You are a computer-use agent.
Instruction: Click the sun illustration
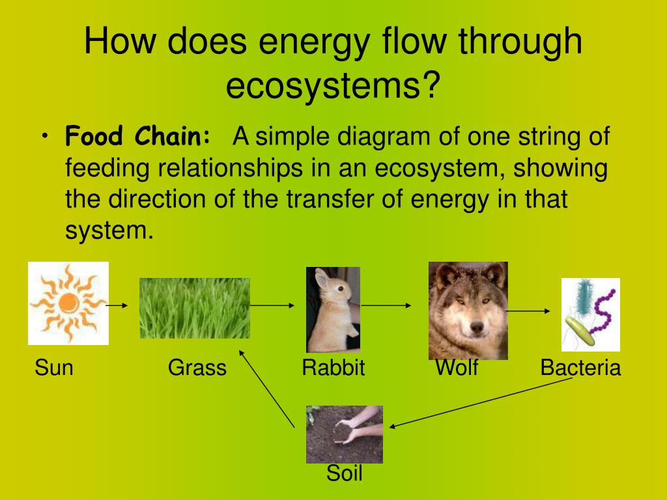pyautogui.click(x=68, y=303)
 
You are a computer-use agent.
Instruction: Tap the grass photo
pyautogui.click(x=195, y=308)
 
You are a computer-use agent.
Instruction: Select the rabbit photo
pyautogui.click(x=333, y=309)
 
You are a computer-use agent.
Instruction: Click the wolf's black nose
pyautogui.click(x=477, y=327)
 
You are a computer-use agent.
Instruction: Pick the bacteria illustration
pyautogui.click(x=590, y=314)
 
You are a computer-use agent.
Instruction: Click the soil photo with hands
pyautogui.click(x=345, y=434)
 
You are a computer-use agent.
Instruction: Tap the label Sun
pyautogui.click(x=54, y=367)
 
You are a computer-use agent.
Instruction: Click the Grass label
pyautogui.click(x=197, y=367)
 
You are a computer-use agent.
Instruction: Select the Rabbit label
pyautogui.click(x=333, y=367)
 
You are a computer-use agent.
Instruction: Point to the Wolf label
pyautogui.click(x=457, y=367)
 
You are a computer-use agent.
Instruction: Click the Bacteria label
pyautogui.click(x=580, y=367)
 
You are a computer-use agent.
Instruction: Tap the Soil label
pyautogui.click(x=345, y=473)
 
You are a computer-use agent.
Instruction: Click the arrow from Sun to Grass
pyautogui.click(x=117, y=305)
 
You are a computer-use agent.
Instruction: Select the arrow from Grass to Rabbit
pyautogui.click(x=272, y=305)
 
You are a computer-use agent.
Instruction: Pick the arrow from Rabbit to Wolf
pyautogui.click(x=386, y=305)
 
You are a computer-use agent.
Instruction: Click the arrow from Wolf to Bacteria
pyautogui.click(x=528, y=311)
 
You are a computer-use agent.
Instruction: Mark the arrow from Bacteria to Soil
pyautogui.click(x=481, y=402)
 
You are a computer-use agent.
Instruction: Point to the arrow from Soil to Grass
pyautogui.click(x=266, y=389)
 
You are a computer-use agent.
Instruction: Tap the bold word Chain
pyautogui.click(x=172, y=136)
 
